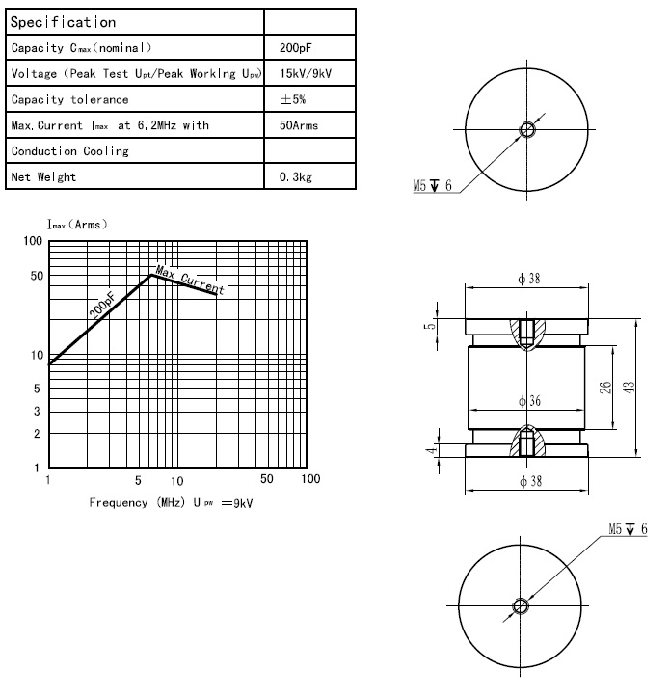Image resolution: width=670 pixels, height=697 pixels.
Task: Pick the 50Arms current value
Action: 297,125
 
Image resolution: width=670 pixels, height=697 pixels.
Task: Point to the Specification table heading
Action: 62,21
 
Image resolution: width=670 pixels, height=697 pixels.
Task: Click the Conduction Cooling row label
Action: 69,151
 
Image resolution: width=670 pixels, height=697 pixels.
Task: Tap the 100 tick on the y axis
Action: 33,241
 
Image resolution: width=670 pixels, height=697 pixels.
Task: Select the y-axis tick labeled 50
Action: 36,277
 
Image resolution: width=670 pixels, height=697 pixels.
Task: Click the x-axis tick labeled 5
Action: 138,479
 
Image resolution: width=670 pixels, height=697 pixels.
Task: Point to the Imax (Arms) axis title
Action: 78,224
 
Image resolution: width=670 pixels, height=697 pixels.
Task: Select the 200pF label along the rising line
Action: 101,306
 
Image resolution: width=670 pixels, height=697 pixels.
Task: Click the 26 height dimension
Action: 605,388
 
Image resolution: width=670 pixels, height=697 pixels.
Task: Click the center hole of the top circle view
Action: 525,130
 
